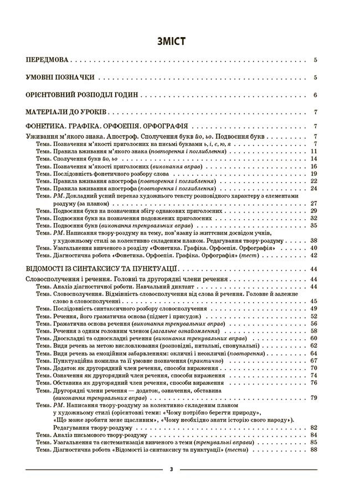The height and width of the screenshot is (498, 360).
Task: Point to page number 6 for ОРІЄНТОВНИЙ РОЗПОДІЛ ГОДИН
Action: [x=315, y=95]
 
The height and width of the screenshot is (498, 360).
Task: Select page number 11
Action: [x=313, y=151]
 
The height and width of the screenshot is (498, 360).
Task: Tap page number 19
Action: [x=313, y=174]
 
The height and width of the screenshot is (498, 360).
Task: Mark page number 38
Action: [x=313, y=241]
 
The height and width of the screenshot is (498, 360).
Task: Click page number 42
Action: [x=313, y=256]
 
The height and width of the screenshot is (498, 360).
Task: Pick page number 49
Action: [x=313, y=308]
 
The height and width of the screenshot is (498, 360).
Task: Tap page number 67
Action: [x=313, y=360]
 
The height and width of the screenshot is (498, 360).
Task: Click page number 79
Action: [x=313, y=397]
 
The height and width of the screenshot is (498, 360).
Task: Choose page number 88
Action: [x=313, y=449]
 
